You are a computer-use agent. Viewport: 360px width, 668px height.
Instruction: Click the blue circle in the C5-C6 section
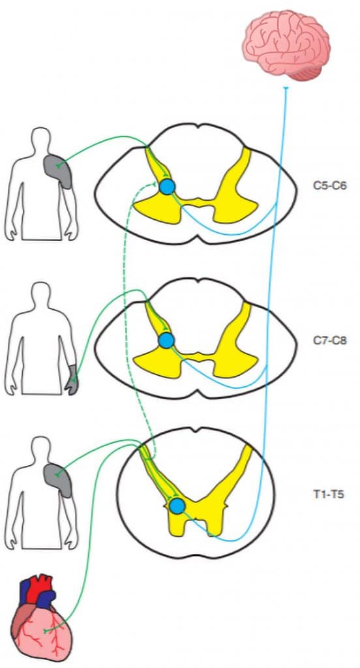pyautogui.click(x=168, y=187)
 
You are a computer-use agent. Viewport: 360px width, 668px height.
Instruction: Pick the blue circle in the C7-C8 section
pyautogui.click(x=166, y=341)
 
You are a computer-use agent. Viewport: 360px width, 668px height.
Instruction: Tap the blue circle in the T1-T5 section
pyautogui.click(x=177, y=506)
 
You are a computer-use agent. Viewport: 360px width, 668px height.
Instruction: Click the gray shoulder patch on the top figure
pyautogui.click(x=59, y=170)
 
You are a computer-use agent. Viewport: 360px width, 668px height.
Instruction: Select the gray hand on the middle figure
pyautogui.click(x=72, y=380)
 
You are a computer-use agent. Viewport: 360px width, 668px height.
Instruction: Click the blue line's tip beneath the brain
pyautogui.click(x=286, y=88)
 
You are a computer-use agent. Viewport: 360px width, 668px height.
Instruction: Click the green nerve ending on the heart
pyautogui.click(x=46, y=630)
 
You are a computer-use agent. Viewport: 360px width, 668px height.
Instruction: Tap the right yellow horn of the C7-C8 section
pyautogui.click(x=235, y=341)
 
